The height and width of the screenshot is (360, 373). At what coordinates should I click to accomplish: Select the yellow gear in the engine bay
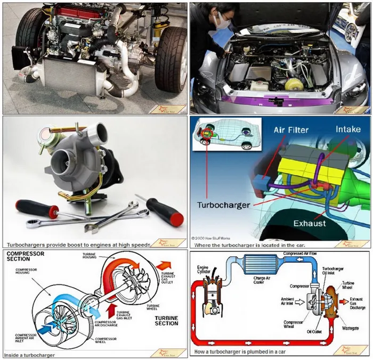292,84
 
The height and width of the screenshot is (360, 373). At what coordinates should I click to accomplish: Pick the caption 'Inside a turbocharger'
29,354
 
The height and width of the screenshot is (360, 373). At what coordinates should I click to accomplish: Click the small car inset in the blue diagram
226,136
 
